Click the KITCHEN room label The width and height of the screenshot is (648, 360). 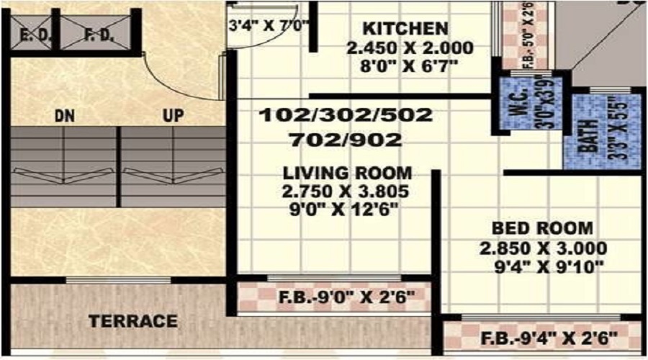click(x=405, y=30)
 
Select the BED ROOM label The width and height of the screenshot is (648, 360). click(x=544, y=229)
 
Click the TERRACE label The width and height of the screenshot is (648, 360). click(x=133, y=321)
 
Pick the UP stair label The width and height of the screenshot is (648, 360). click(x=173, y=115)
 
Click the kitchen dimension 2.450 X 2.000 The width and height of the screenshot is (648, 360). click(x=409, y=49)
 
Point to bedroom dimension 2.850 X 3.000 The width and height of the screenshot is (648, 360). click(x=544, y=249)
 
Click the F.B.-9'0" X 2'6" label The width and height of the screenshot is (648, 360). click(x=346, y=296)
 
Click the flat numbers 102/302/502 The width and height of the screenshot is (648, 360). click(x=346, y=115)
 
